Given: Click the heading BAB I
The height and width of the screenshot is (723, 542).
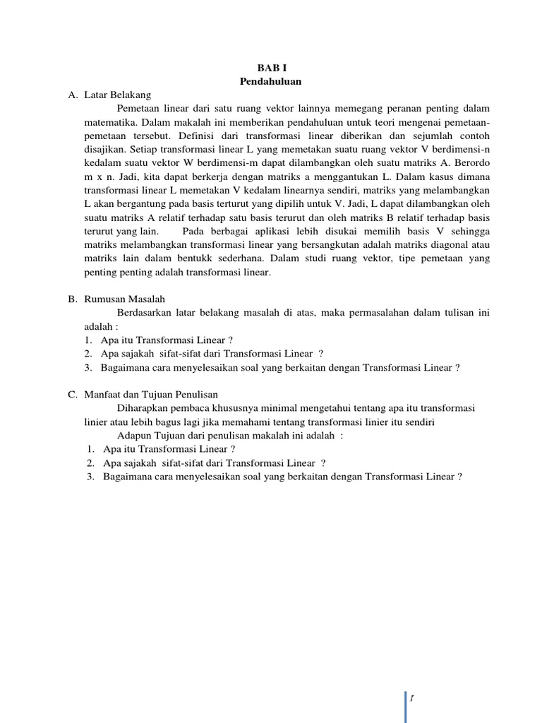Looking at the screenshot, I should tap(270, 68).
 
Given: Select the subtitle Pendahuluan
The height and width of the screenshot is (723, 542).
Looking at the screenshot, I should tap(270, 81).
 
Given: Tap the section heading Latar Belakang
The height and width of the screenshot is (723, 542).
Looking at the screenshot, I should tap(116, 95).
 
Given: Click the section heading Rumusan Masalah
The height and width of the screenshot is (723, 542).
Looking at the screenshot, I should tap(124, 299).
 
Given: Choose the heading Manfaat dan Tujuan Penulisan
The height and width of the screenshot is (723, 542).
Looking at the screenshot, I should tap(150, 395).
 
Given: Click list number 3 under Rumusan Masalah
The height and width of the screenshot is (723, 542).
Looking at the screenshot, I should tap(87, 367).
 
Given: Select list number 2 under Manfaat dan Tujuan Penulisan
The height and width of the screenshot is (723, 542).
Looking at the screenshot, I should tap(91, 463).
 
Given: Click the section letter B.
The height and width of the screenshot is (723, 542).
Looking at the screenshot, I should tap(72, 299).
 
